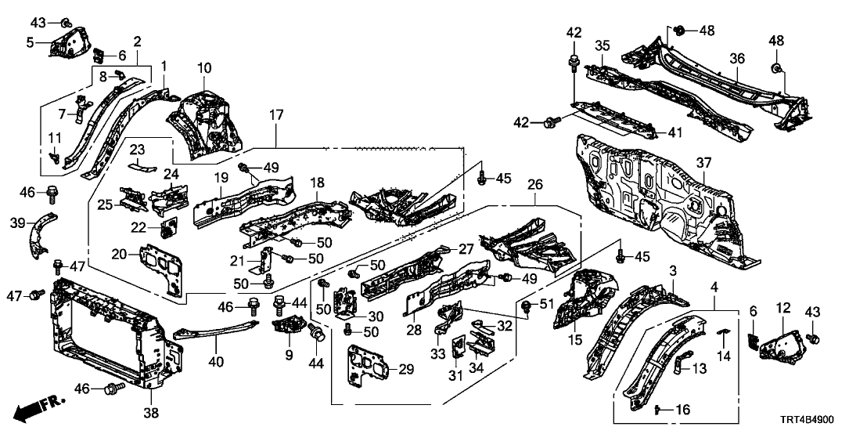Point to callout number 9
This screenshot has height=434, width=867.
289,354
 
